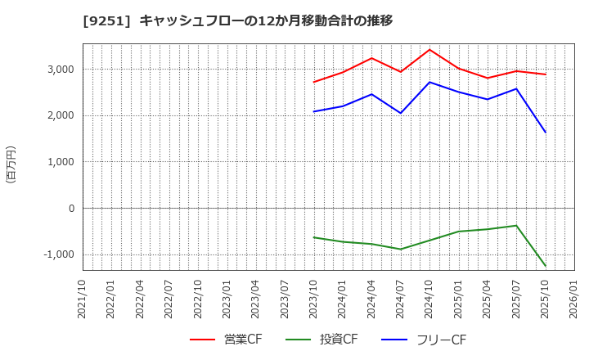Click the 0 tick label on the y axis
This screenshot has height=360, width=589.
[72, 209]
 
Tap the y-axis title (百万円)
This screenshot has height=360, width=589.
[11, 164]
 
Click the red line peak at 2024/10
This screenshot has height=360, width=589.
[429, 50]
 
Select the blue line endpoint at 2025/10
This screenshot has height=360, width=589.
[546, 133]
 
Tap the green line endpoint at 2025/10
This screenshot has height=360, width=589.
[546, 266]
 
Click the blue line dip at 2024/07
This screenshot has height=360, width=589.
[401, 113]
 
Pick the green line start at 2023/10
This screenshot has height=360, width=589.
[314, 237]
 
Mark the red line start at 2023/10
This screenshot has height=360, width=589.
[314, 82]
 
